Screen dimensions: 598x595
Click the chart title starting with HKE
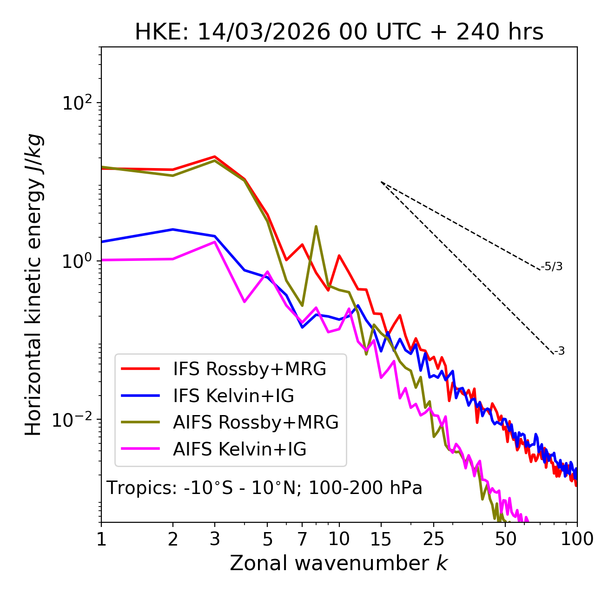click(339, 32)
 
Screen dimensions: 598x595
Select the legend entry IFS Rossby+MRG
click(250, 369)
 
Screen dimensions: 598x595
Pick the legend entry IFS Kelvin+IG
click(233, 396)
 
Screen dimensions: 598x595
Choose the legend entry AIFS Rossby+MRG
click(256, 422)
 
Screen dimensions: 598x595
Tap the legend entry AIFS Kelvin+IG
click(239, 449)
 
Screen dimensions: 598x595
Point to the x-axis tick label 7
click(302, 539)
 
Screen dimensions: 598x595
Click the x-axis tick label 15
click(381, 539)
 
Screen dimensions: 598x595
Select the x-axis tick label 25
click(434, 539)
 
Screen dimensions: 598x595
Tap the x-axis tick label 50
click(505, 539)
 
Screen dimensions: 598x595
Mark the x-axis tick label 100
click(576, 539)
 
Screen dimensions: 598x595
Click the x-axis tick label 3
click(214, 539)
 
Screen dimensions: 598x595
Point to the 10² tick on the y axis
click(77, 103)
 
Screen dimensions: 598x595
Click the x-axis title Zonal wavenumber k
click(339, 563)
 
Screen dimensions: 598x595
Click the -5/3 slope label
click(552, 266)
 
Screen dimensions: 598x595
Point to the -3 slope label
click(559, 351)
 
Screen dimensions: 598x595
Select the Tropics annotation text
click(264, 488)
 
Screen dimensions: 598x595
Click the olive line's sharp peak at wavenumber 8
click(316, 227)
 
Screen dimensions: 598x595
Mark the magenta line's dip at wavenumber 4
click(245, 302)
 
